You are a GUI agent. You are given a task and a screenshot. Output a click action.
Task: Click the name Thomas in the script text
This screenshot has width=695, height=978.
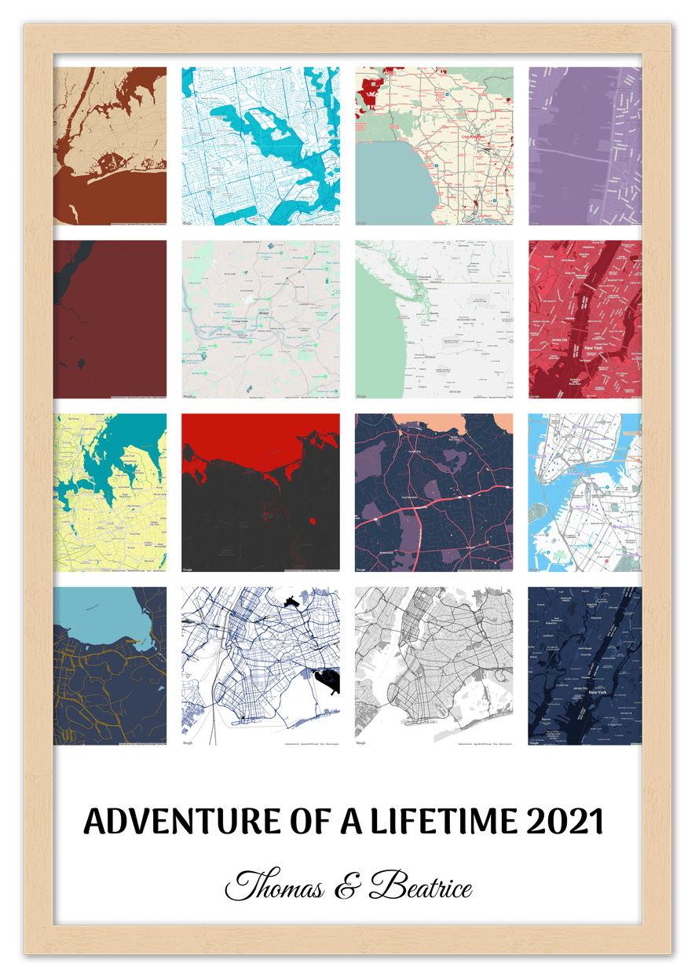(x=274, y=887)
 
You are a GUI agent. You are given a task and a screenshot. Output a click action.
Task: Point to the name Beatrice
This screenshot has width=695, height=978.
(x=421, y=887)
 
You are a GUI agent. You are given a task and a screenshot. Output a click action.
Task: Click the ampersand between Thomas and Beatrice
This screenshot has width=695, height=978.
(x=345, y=888)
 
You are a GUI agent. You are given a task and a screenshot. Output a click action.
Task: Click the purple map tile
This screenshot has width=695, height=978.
(x=584, y=146)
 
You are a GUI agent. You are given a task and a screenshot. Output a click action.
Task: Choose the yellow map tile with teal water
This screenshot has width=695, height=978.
(x=110, y=493)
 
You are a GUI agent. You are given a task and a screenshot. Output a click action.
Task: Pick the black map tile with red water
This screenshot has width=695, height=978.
(x=261, y=493)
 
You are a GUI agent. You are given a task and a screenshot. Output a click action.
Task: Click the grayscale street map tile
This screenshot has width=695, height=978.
(x=434, y=666)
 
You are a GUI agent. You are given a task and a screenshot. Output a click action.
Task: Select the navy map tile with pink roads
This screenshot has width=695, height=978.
(x=434, y=493)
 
